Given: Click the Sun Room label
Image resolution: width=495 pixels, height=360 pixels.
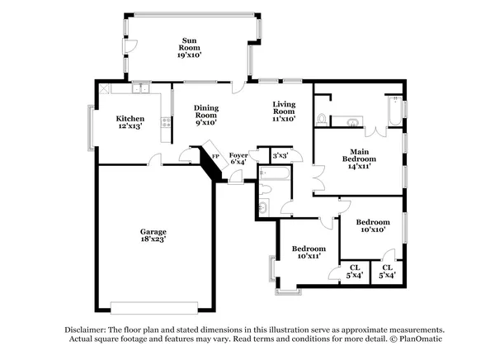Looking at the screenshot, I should click(x=189, y=47).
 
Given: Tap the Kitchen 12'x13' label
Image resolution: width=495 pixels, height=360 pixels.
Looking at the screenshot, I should click(x=130, y=122).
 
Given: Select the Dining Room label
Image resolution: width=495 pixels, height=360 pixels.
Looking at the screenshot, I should click(x=205, y=115).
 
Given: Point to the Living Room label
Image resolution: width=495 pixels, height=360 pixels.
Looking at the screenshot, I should click(x=285, y=110).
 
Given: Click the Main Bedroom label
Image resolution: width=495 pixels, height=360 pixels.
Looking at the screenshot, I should click(x=358, y=158).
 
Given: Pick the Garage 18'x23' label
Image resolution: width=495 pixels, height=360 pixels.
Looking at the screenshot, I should click(x=153, y=237).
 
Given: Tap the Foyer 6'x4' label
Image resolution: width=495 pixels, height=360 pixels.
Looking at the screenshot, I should click(x=238, y=158).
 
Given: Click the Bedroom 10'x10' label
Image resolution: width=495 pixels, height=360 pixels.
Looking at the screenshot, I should click(x=372, y=226).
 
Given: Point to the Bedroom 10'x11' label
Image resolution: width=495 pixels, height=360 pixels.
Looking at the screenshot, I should click(x=309, y=253).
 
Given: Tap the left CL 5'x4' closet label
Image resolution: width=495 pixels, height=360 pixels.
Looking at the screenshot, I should click(x=355, y=271).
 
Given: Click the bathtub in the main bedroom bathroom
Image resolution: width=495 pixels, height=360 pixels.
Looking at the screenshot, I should click(x=394, y=113).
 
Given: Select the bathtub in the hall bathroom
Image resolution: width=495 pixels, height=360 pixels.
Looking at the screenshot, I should click(x=273, y=174).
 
